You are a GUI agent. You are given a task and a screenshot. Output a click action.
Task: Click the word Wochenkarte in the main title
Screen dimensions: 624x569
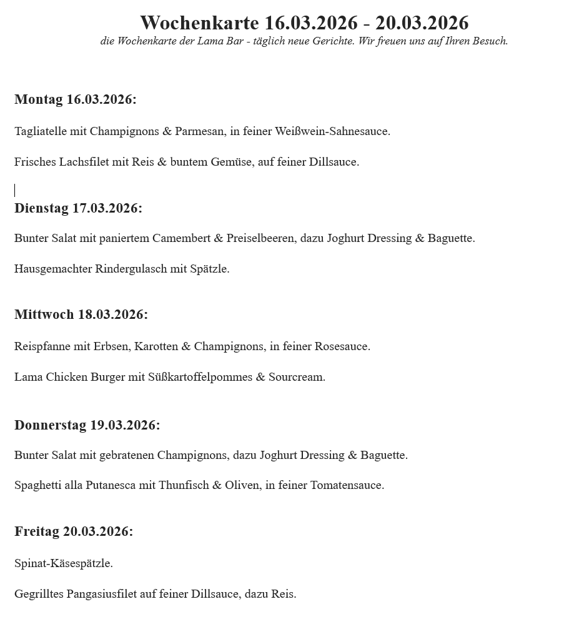point(199,23)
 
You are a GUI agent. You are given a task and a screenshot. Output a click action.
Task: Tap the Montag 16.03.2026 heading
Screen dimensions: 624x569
point(75,99)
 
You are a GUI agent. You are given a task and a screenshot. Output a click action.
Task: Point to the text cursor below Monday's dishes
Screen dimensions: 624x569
point(15,190)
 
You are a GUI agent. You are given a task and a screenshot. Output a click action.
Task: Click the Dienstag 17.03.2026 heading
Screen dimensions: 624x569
point(78,208)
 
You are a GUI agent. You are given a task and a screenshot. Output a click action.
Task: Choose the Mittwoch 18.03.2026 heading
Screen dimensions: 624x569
point(81,315)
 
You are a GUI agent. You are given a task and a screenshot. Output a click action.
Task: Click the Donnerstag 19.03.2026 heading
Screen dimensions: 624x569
point(87,425)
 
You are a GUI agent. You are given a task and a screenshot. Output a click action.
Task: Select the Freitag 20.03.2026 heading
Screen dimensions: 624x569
point(74,531)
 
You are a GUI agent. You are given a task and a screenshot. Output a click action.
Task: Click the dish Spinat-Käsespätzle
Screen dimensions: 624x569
point(63,563)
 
